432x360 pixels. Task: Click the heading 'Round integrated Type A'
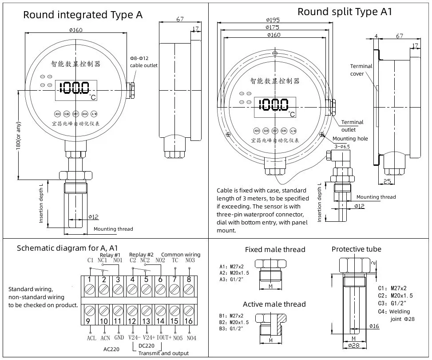tap(83, 15)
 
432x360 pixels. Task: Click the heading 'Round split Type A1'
tap(345, 12)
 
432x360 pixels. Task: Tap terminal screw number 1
tap(90, 288)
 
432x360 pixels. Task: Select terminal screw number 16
tap(189, 310)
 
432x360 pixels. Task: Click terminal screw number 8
tap(189, 288)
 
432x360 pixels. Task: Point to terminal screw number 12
tap(132, 310)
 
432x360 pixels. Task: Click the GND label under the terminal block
tap(119, 338)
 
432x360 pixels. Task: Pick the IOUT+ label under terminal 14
tap(164, 338)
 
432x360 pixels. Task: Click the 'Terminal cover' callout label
tap(361, 70)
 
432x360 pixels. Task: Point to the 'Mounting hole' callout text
tap(350, 139)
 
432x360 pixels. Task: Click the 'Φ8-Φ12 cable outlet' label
tap(143, 62)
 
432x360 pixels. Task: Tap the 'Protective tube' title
tap(356, 249)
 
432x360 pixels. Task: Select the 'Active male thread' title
tap(274, 304)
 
